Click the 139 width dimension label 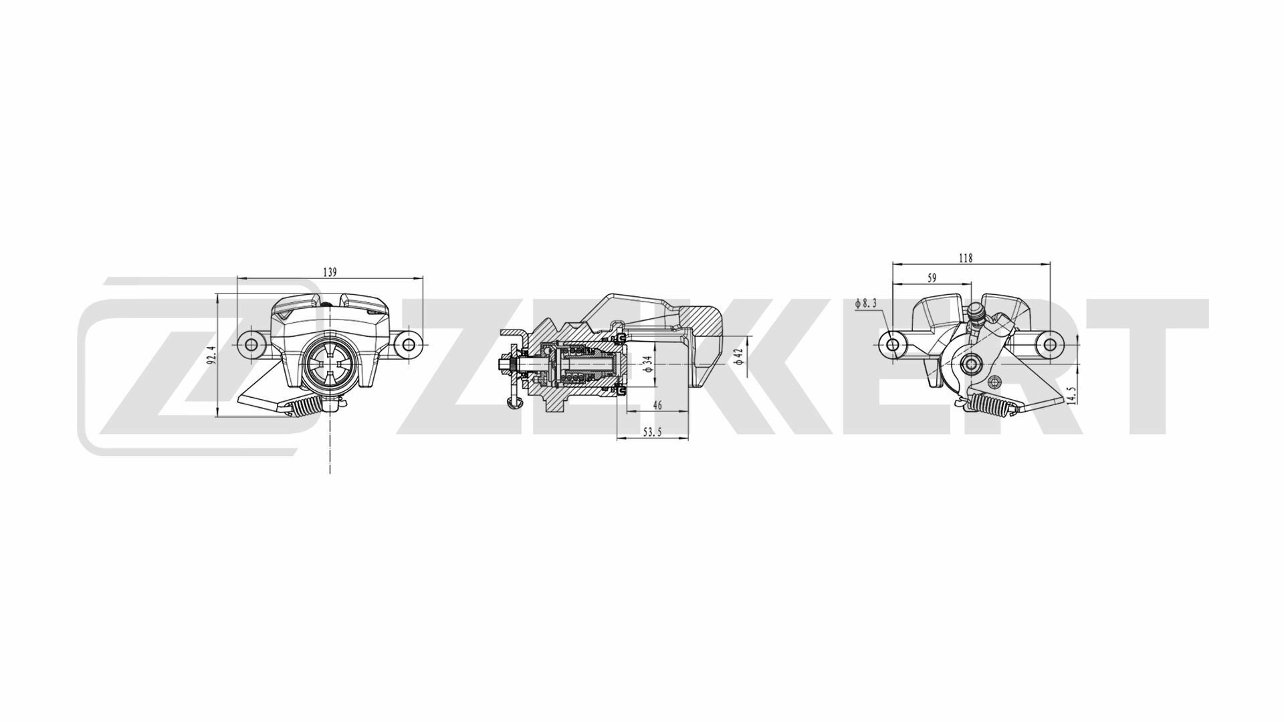[330, 272]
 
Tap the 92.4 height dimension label [211, 354]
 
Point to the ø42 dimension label [738, 356]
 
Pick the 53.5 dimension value [652, 433]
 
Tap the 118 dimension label [966, 258]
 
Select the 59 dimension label [932, 277]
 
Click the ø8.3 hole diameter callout [865, 304]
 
